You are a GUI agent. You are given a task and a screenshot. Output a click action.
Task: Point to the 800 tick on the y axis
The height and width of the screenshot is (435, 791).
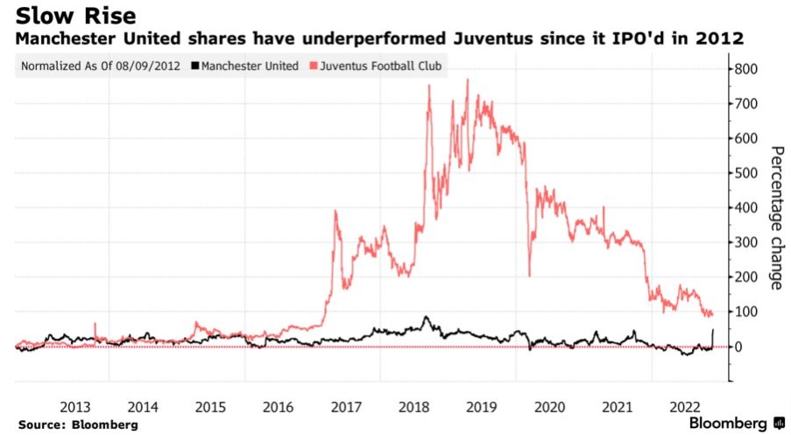(x=748, y=69)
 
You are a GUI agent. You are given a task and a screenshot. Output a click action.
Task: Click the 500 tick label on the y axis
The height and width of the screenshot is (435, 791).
(x=748, y=173)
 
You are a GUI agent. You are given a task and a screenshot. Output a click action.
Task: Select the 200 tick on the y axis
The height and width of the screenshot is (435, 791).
(x=748, y=277)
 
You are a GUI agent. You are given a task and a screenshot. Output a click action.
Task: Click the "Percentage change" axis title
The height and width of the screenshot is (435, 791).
(x=777, y=217)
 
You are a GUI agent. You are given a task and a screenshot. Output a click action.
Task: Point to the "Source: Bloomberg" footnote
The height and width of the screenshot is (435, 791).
(x=77, y=424)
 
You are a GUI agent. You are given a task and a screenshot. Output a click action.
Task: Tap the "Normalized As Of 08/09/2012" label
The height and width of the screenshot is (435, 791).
(x=102, y=66)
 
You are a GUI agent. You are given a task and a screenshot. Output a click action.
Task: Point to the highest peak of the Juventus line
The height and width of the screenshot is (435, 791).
(x=468, y=80)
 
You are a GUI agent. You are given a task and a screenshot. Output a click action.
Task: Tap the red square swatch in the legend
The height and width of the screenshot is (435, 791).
(x=314, y=66)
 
